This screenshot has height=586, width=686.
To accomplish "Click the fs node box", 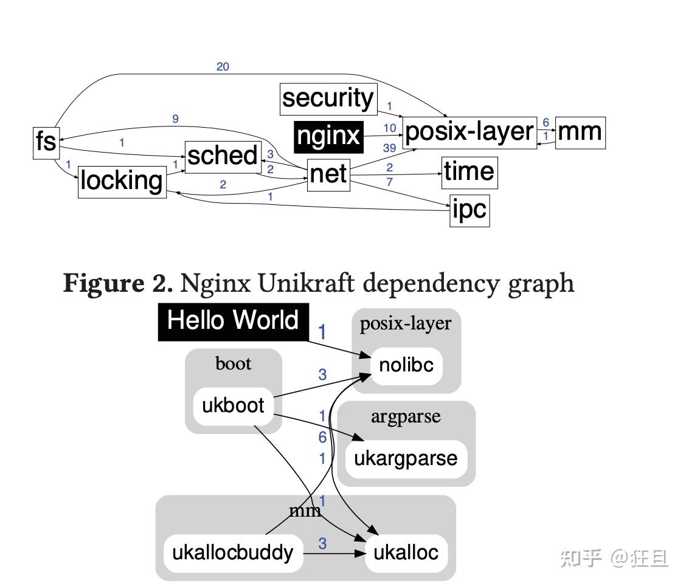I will tap(46, 142).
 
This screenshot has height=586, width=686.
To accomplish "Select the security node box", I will tap(328, 98).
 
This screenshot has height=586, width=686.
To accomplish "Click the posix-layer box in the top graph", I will tap(469, 133).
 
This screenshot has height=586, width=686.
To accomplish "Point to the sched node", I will tap(222, 156).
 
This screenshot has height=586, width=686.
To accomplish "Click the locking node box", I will tap(122, 181).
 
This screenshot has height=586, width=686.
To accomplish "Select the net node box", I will tap(328, 174).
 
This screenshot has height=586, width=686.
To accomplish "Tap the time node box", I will tap(469, 172).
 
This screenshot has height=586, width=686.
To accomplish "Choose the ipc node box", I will tap(469, 210).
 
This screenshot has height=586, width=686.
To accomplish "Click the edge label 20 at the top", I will tap(223, 67).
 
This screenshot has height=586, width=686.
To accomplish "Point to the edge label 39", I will tap(389, 148).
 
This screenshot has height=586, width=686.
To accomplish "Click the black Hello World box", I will tap(234, 321).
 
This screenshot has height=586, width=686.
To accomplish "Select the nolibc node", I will tap(406, 365).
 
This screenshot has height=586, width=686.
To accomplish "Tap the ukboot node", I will tap(233, 405).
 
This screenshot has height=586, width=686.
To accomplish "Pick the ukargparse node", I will tap(406, 458).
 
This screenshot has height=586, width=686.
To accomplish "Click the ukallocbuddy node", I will tap(233, 553).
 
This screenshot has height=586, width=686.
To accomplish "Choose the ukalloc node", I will tap(406, 553).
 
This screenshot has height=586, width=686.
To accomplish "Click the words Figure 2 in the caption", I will tap(118, 283).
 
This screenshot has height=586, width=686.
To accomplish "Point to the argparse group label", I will tap(406, 418).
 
